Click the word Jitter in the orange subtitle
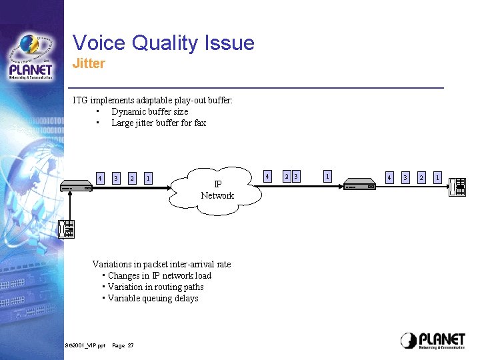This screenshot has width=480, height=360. pos(89,64)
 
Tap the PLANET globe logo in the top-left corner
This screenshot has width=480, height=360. pos(31,57)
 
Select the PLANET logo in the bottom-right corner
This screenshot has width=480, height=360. pos(433,340)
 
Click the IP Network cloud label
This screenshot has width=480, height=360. pos(217,190)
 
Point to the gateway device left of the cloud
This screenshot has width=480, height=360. pos(76,185)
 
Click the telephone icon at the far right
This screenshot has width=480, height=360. pos(457,187)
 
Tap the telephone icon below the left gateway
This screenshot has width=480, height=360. pos(66,229)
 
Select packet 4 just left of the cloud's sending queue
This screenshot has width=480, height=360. pos(100,178)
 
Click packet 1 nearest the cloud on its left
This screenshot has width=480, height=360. pos(148,178)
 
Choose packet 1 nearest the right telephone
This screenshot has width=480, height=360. pos(437,177)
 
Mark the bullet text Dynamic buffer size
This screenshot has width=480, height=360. pos(149,112)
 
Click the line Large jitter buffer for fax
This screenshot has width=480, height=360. pos(159,123)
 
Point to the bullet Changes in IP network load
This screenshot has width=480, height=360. pos(159,276)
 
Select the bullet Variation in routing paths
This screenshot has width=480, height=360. pos(155,287)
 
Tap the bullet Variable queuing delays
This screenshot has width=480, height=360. pos(153,299)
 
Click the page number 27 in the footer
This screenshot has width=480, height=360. pos(131,345)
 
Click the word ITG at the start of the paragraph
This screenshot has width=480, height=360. pos(80,101)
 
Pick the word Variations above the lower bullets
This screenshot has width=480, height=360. pos(111,265)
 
